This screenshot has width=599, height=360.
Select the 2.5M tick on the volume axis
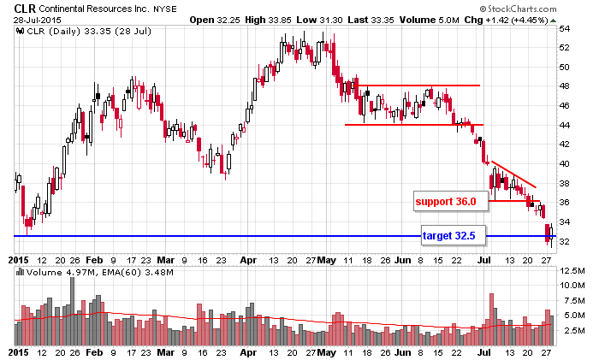pos(570,329)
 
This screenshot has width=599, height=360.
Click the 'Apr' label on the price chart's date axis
pos(248,257)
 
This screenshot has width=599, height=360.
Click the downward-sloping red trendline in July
pos(513,174)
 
